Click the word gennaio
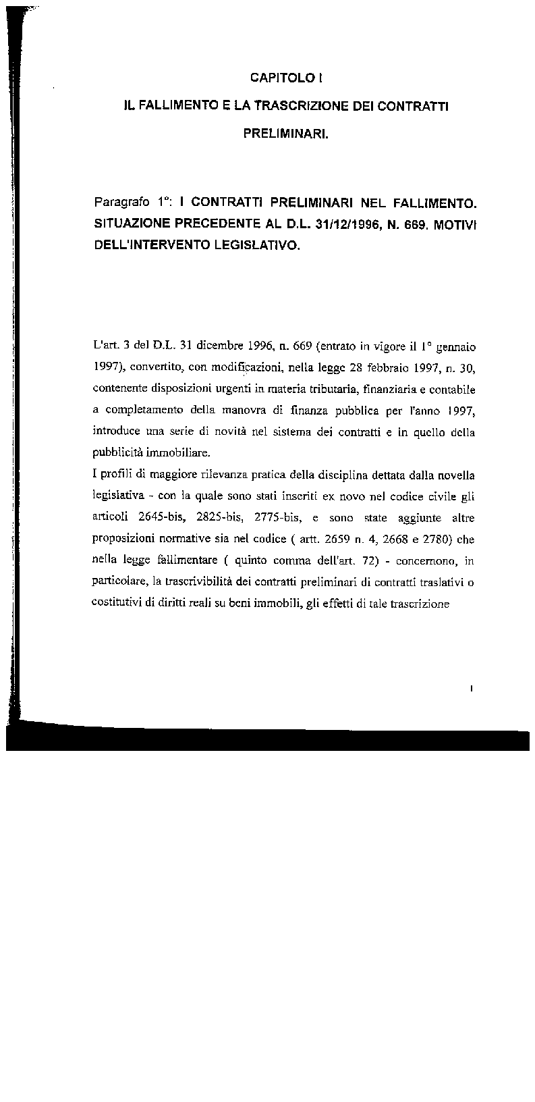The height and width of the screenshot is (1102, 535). pyautogui.click(x=457, y=348)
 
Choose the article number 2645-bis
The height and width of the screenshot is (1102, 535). pyautogui.click(x=163, y=519)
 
